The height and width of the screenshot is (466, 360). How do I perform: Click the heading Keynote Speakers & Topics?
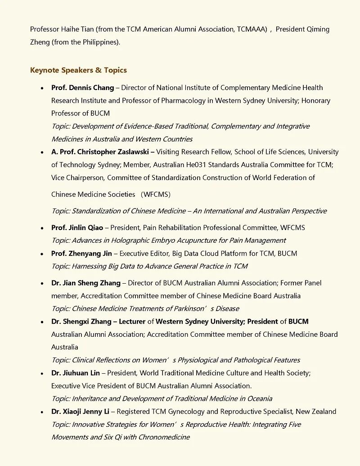tap(78, 70)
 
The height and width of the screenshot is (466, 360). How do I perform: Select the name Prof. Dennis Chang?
tap(82, 88)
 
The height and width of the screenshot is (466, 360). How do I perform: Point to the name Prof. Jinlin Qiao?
tap(77, 227)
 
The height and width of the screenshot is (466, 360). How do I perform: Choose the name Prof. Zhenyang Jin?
tap(81, 253)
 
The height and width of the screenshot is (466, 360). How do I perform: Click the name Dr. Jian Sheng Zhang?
tap(85, 283)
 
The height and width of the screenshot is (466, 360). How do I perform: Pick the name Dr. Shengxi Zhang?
tap(81, 321)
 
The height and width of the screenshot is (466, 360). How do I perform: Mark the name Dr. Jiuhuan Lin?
tap(76, 373)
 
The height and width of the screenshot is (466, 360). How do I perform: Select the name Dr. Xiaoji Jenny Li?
tap(80, 412)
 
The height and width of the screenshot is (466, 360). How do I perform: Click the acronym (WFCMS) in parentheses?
tap(156, 195)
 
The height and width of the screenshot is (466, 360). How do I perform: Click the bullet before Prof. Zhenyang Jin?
tap(42, 254)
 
